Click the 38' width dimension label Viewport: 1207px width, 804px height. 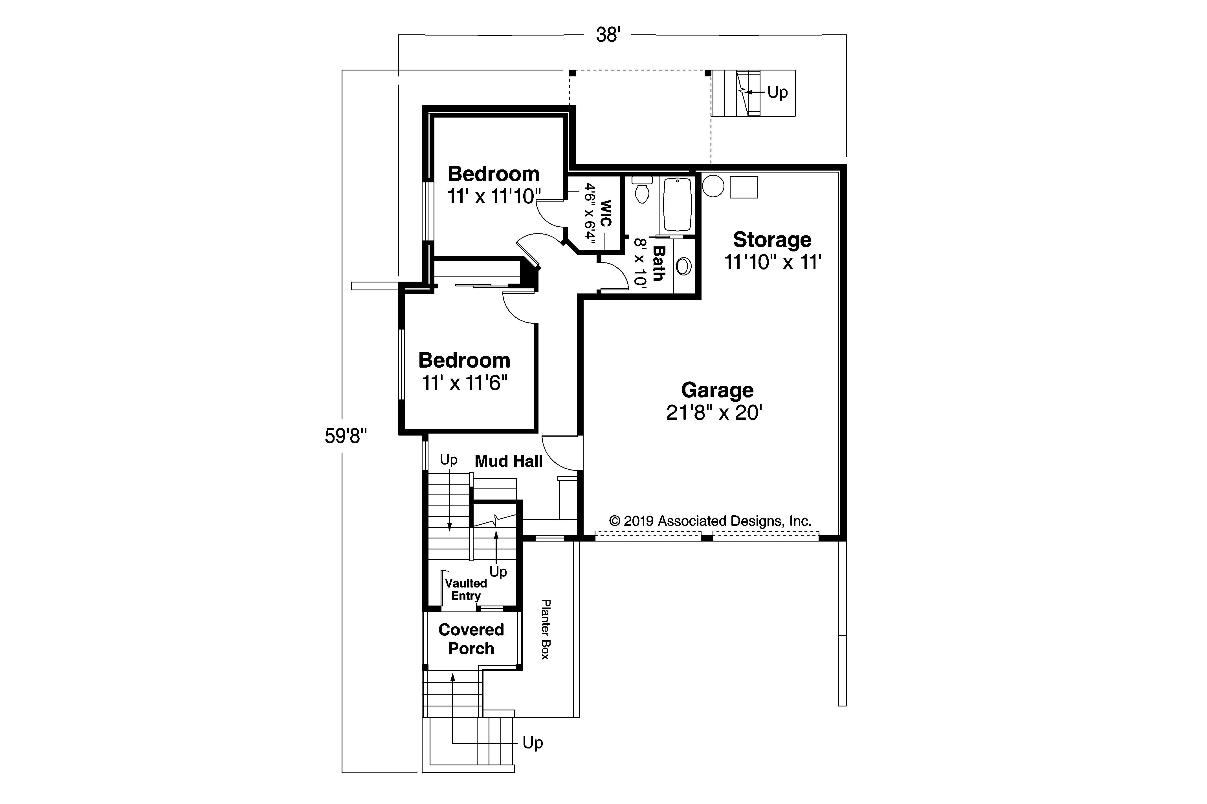[608, 35]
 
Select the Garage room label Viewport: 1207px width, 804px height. [716, 390]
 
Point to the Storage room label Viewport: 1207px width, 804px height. [772, 239]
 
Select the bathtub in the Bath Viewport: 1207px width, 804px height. [678, 205]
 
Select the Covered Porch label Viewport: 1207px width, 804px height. [471, 639]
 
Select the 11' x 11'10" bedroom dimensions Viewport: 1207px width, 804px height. [494, 196]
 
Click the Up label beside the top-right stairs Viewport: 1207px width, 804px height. [777, 92]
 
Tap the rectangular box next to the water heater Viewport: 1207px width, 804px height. [744, 187]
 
